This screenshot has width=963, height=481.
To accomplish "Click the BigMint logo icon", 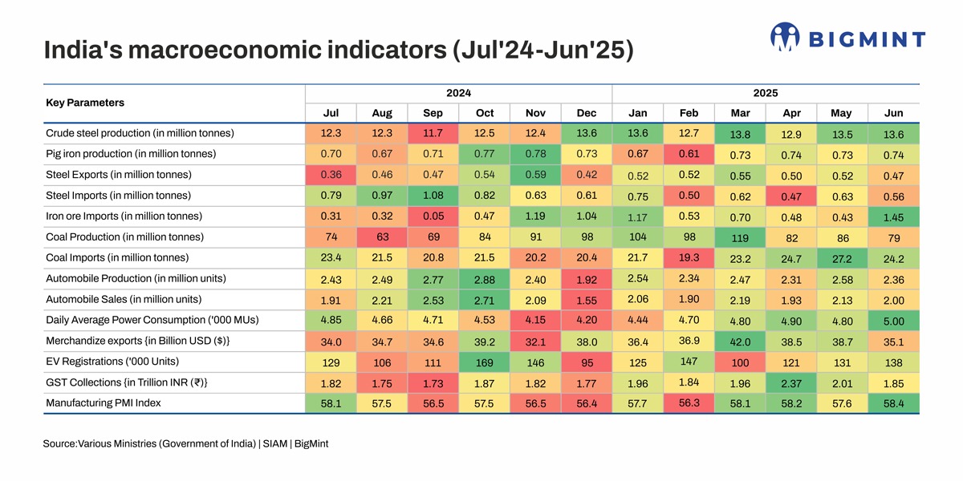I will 786,37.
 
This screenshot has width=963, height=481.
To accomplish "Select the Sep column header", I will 433,113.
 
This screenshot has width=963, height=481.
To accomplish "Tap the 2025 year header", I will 765,93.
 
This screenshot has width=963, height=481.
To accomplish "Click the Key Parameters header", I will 85,103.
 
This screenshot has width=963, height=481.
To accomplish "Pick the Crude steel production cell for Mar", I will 741,134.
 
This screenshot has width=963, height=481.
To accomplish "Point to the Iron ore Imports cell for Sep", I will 433,216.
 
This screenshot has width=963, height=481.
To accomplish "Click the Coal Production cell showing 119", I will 741,238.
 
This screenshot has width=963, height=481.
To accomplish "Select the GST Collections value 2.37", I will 791,382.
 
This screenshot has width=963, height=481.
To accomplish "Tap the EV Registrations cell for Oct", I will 484,362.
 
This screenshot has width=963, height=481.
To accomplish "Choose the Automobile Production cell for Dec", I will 586,278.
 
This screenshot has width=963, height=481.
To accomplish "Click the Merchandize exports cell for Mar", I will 741,341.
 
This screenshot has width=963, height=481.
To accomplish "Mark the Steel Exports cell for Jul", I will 331,174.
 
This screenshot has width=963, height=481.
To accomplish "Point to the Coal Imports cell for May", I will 842,259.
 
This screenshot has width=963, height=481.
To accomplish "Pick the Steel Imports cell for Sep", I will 433,195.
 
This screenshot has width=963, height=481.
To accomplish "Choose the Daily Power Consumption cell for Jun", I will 893,321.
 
